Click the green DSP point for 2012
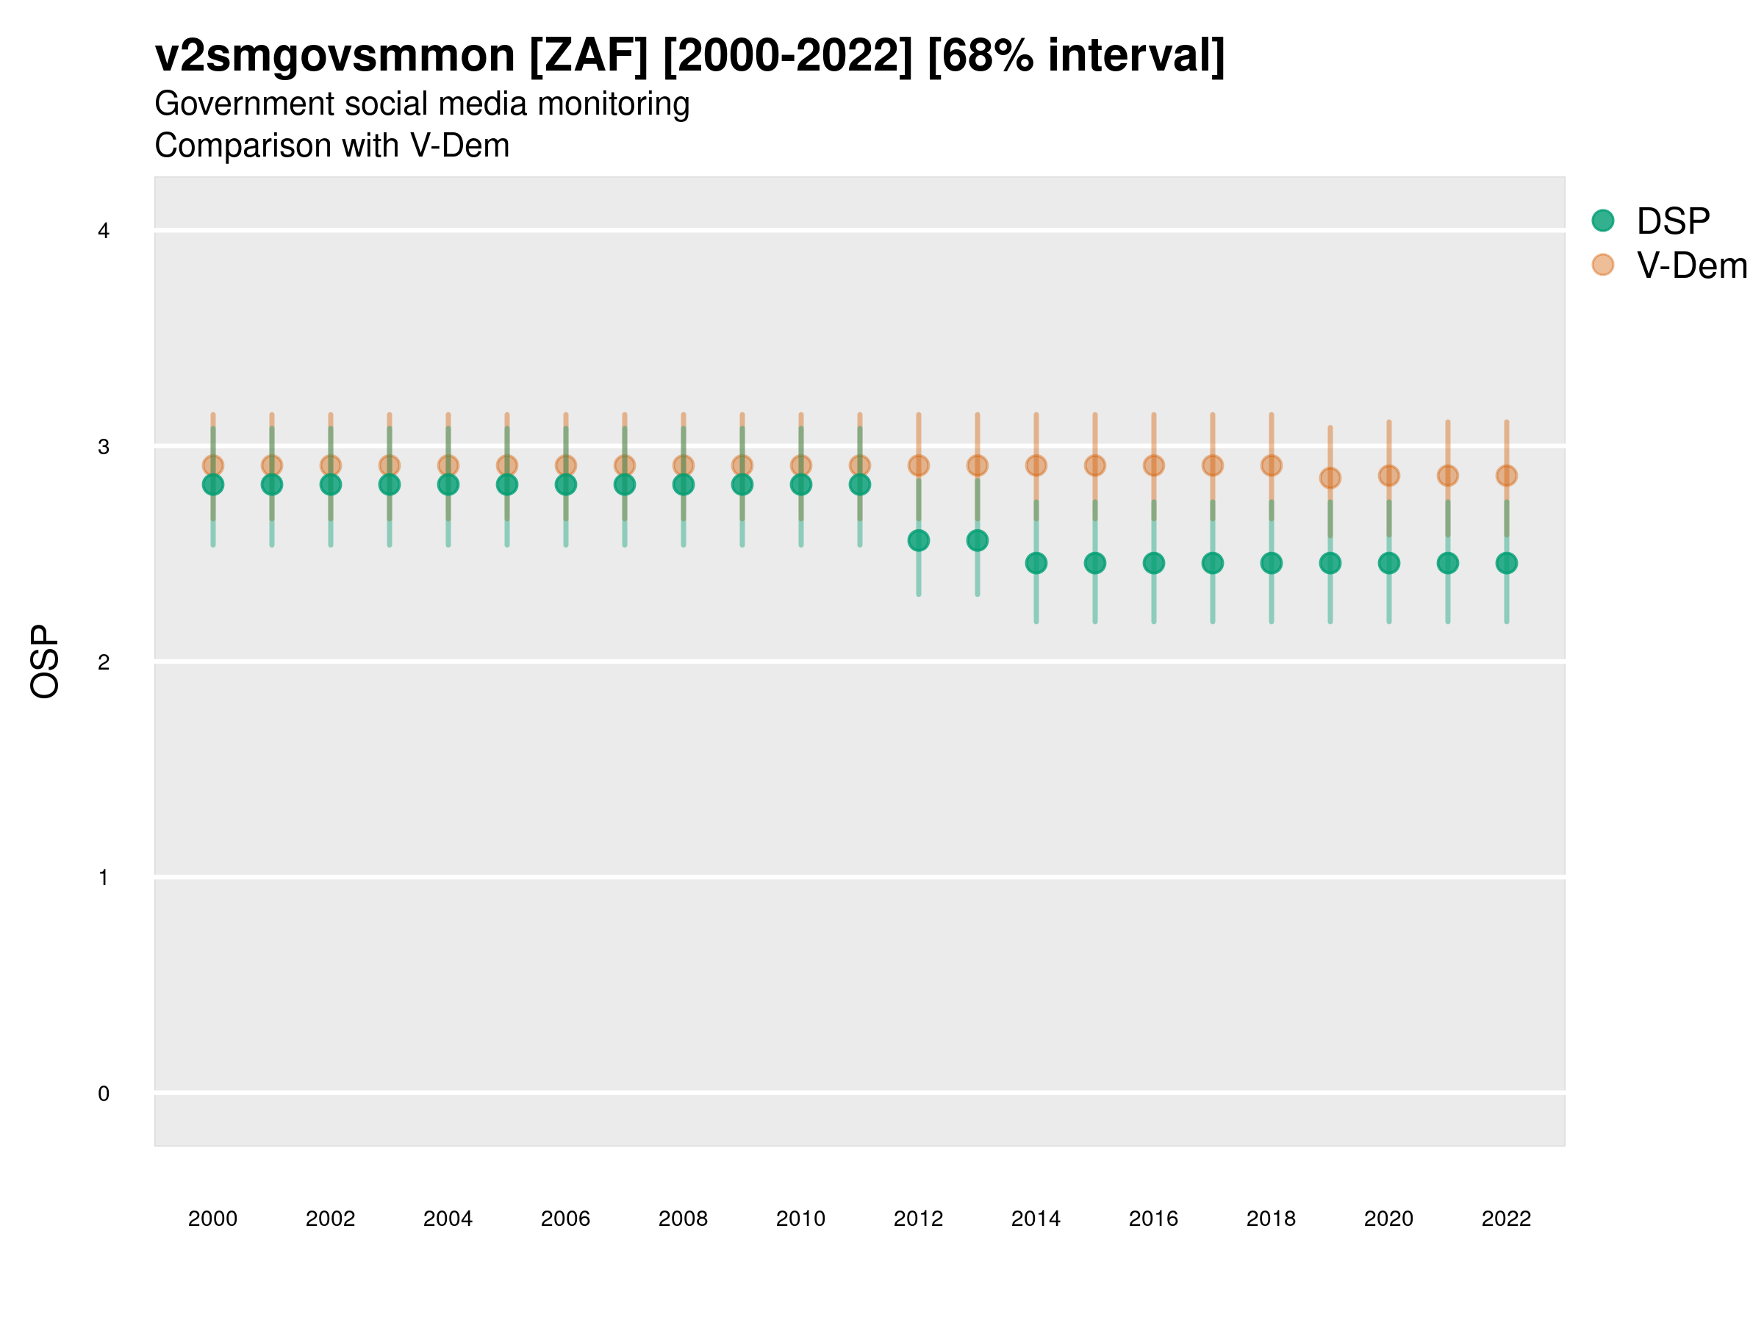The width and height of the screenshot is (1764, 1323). click(x=919, y=541)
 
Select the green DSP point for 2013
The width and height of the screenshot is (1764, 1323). click(x=977, y=541)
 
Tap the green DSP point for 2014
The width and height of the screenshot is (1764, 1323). click(x=1036, y=563)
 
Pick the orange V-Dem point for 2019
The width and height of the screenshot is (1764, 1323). click(x=1330, y=478)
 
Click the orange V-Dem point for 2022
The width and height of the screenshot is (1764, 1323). click(x=1507, y=476)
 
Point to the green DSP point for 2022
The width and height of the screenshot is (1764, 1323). click(x=1507, y=563)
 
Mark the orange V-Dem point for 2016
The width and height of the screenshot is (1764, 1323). click(x=1154, y=466)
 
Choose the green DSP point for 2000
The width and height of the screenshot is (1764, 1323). click(x=213, y=485)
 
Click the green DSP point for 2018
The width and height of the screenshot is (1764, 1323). click(x=1271, y=563)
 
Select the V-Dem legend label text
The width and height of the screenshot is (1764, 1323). click(x=1691, y=265)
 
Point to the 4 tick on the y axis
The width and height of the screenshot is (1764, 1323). click(x=104, y=232)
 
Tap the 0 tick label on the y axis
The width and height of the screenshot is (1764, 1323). click(x=104, y=1094)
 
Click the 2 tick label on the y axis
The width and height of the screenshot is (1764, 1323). click(x=104, y=662)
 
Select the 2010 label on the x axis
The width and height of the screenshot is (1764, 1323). click(x=800, y=1219)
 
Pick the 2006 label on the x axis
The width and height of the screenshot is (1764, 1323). click(x=565, y=1219)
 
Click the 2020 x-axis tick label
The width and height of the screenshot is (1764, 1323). click(x=1388, y=1219)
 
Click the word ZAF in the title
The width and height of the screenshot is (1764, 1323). click(x=589, y=56)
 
